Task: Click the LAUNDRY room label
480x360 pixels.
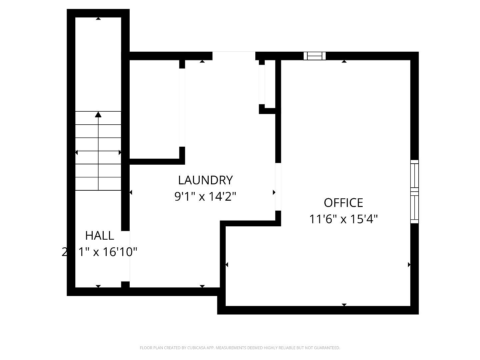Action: point(205,180)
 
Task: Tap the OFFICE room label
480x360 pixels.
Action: point(343,203)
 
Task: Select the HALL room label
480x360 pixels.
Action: point(100,235)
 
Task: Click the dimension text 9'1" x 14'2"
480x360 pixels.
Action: point(205,196)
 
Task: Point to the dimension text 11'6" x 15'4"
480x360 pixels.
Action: point(343,219)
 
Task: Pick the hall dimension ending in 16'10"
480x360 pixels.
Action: point(100,252)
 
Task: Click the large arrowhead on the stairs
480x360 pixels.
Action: point(98,115)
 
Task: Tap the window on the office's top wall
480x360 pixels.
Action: point(314,56)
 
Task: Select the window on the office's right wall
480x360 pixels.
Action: point(414,191)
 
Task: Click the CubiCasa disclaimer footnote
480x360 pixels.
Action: point(240,348)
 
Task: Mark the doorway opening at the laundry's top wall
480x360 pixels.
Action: point(234,56)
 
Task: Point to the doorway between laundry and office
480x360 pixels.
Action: point(278,187)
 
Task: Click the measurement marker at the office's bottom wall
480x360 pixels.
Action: point(344,305)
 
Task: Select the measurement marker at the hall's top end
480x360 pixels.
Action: point(98,19)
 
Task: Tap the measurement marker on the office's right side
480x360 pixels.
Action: point(409,265)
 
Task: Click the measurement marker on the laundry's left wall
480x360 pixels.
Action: point(131,192)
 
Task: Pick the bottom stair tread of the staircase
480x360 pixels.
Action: point(98,184)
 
